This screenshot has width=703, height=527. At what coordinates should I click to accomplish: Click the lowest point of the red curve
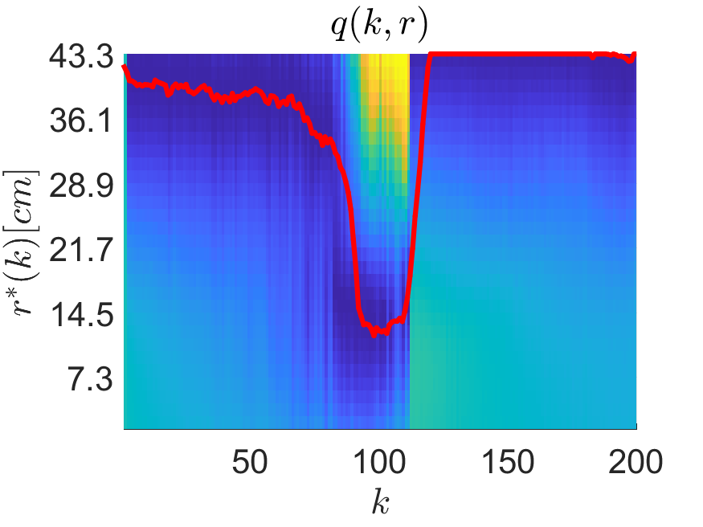(374, 334)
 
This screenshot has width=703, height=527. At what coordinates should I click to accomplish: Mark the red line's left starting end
(125, 67)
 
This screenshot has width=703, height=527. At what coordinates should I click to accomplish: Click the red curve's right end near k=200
(635, 55)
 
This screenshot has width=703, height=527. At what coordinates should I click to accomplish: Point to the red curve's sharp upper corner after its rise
(431, 55)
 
